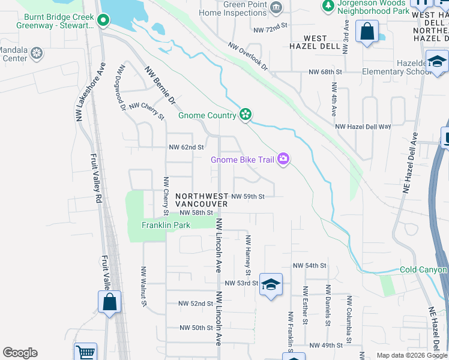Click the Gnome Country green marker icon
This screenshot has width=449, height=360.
tap(245, 115)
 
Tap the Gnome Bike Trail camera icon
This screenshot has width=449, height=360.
tap(283, 159)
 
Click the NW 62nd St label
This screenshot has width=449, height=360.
tap(187, 147)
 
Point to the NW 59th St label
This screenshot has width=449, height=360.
tap(248, 196)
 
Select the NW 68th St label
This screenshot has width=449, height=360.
tap(325, 72)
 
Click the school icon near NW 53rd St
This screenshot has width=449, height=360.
tap(271, 284)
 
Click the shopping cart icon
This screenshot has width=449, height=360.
tap(86, 352)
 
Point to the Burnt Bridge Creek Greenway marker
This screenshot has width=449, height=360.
tap(103, 21)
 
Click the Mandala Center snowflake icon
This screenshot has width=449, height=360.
tap(37, 54)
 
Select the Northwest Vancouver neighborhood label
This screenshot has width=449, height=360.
tap(202, 200)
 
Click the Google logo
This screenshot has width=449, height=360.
tap(20, 353)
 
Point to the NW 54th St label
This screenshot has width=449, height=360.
tap(309, 265)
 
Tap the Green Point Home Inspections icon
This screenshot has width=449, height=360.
tap(276, 7)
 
